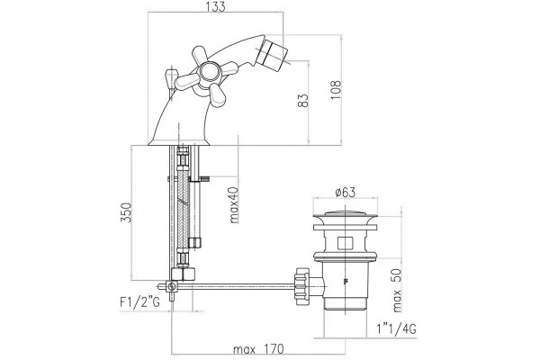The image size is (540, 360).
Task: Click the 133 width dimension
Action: click(x=216, y=6)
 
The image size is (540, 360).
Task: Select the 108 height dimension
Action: click(x=336, y=90)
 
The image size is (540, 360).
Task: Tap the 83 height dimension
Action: click(x=303, y=101)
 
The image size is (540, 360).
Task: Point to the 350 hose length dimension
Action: click(x=126, y=212)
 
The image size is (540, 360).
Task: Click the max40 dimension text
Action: click(x=234, y=205)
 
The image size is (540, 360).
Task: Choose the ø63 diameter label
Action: click(x=345, y=193)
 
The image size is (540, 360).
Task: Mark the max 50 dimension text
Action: click(x=397, y=291)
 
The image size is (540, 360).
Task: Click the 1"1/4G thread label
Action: click(x=396, y=329)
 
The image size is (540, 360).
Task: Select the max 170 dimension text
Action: click(x=258, y=349)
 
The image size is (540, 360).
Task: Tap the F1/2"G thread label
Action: click(x=139, y=302)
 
